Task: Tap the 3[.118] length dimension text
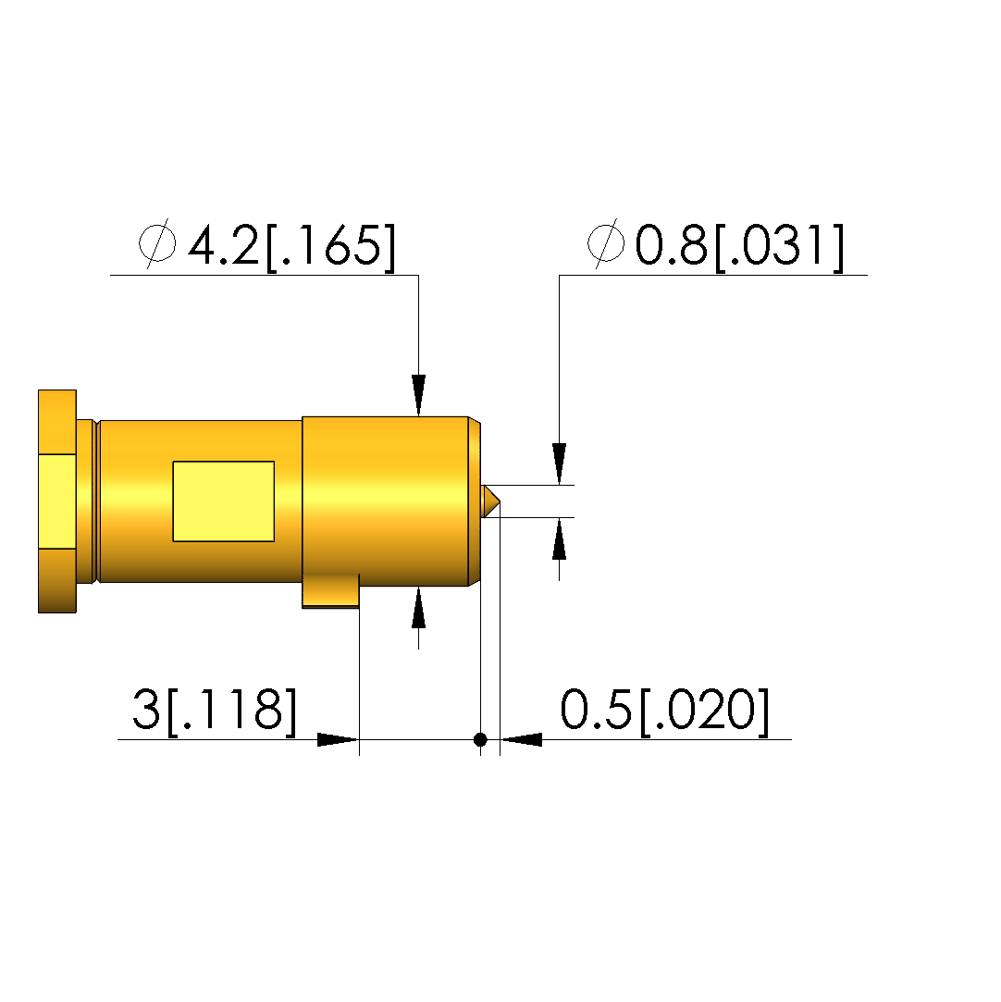[x=215, y=711]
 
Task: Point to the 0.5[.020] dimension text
[x=664, y=711]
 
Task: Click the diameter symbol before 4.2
[x=157, y=242]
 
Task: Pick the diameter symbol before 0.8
[x=606, y=242]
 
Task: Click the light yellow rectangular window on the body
[x=224, y=501]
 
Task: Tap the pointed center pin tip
[x=500, y=501]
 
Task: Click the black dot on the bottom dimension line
[x=480, y=739]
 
